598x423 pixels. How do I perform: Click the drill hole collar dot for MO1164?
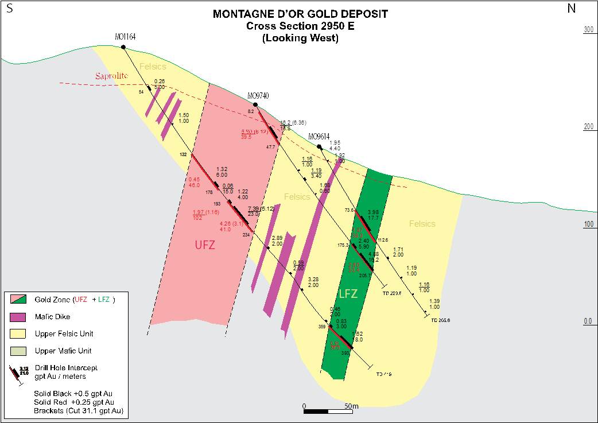(x=124, y=47)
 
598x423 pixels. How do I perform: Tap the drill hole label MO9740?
(x=258, y=96)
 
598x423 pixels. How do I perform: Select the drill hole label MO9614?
(x=319, y=137)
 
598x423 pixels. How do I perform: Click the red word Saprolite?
(x=111, y=76)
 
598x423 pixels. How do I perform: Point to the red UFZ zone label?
(x=207, y=245)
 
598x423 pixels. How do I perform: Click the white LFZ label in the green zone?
(x=348, y=294)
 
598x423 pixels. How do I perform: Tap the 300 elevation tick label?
(x=588, y=30)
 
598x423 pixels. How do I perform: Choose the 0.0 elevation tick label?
(x=588, y=321)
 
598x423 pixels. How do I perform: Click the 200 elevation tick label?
(x=588, y=127)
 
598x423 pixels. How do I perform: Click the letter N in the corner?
(x=571, y=8)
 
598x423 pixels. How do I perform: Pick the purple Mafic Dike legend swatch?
(x=19, y=316)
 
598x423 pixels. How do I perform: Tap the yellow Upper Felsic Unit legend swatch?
(x=19, y=333)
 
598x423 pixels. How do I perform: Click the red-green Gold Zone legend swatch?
(x=19, y=299)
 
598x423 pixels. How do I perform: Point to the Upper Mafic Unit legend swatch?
(x=19, y=351)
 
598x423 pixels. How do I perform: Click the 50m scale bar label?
(x=351, y=406)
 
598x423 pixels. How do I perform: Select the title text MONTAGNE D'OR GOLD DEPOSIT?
(x=300, y=14)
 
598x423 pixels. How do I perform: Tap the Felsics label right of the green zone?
(x=422, y=224)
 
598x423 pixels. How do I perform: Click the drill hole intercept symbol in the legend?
(x=17, y=374)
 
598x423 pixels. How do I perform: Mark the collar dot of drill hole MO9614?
(x=320, y=147)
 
